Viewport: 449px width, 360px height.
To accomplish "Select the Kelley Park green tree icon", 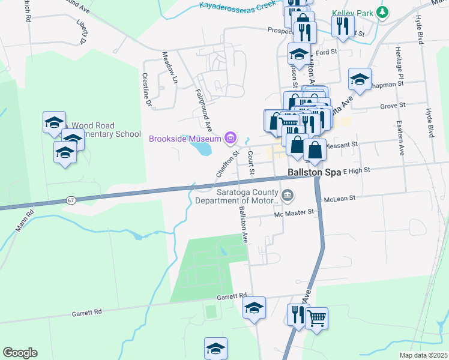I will pos(381,12).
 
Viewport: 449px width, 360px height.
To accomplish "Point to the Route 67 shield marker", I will pos(71,199).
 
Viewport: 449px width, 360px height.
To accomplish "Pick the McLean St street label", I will pos(340,197).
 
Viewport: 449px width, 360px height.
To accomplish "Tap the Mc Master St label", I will pos(294,212).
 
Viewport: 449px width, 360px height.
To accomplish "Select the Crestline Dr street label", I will pos(146,89).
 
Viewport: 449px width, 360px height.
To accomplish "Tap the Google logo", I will pos(20,353).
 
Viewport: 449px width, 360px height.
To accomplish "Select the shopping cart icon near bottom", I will pos(316,317).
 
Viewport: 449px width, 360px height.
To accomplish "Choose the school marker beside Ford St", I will pos(298,54).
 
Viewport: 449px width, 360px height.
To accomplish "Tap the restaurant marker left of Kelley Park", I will pos(343,26).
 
